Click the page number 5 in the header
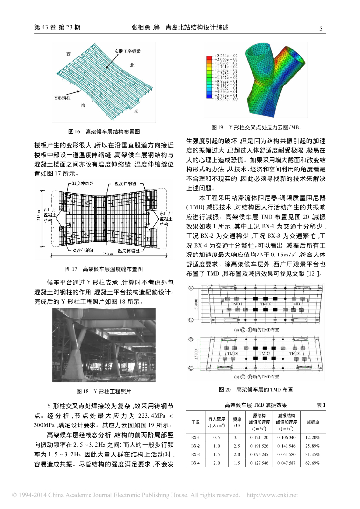[321, 28]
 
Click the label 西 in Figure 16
[68, 52]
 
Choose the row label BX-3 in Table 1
[195, 454]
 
